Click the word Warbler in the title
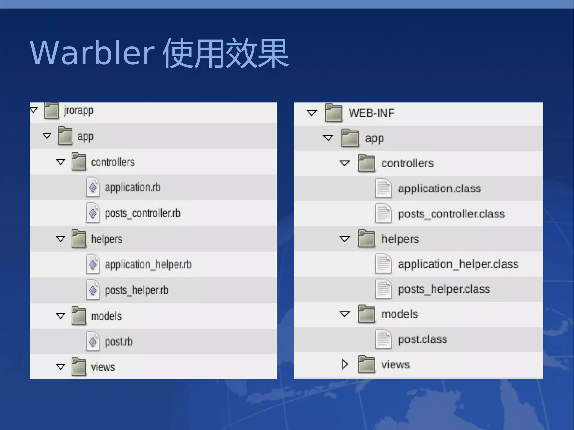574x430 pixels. [92, 53]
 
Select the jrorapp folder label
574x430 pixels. [78, 111]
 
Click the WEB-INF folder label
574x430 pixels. [371, 113]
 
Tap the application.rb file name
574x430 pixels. [133, 188]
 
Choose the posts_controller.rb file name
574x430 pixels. [142, 213]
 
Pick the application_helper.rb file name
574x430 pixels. [148, 265]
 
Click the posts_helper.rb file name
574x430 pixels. [136, 290]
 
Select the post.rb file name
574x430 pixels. [119, 342]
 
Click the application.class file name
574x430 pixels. [439, 189]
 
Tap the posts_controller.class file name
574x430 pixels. [451, 214]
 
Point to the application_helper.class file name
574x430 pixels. [458, 264]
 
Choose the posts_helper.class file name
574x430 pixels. [444, 289]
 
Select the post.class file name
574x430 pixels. [422, 340]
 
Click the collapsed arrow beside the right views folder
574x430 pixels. [345, 364]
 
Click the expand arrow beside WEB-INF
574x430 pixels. [311, 113]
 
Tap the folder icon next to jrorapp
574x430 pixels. [52, 111]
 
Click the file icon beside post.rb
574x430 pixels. [93, 341]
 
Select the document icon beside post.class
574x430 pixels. [383, 339]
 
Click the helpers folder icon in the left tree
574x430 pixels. [79, 239]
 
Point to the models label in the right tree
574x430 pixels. [400, 314]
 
